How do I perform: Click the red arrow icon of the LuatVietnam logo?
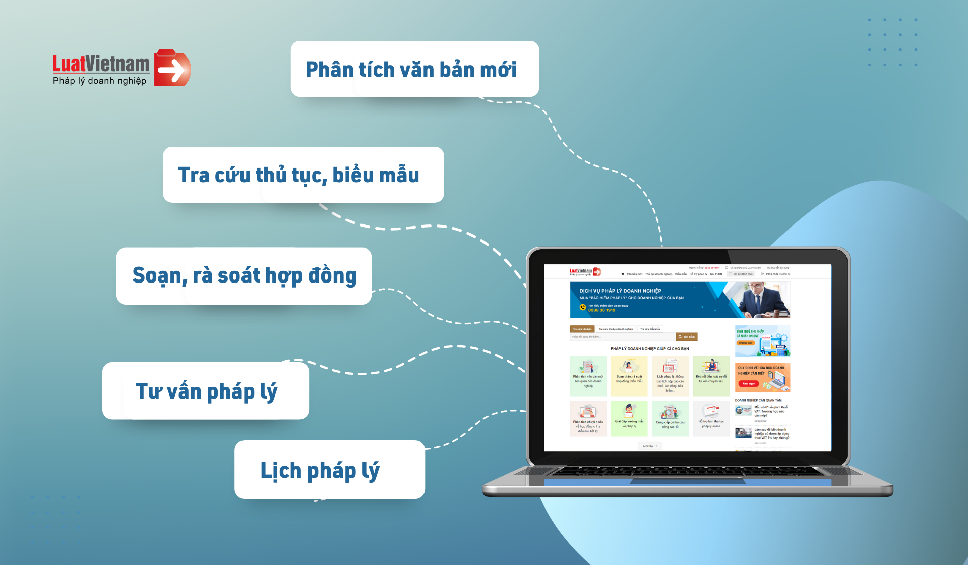click(172, 69)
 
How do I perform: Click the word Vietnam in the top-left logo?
click(117, 64)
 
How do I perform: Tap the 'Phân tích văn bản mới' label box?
click(414, 69)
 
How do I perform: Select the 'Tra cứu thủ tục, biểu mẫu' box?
click(303, 175)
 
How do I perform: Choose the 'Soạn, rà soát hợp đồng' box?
click(244, 275)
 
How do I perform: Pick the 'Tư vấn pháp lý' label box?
click(206, 391)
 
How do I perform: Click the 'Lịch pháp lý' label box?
click(329, 470)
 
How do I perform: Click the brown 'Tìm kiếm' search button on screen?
click(687, 337)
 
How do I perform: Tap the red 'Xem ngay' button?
click(748, 384)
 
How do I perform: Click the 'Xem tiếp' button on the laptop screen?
click(649, 446)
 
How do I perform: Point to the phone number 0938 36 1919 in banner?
click(601, 310)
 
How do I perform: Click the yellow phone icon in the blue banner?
click(583, 308)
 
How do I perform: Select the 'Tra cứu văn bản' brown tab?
click(582, 329)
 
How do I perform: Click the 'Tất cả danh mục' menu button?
click(740, 274)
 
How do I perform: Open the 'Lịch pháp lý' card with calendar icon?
click(670, 376)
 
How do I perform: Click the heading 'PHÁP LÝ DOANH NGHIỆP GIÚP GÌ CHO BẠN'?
click(649, 349)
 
